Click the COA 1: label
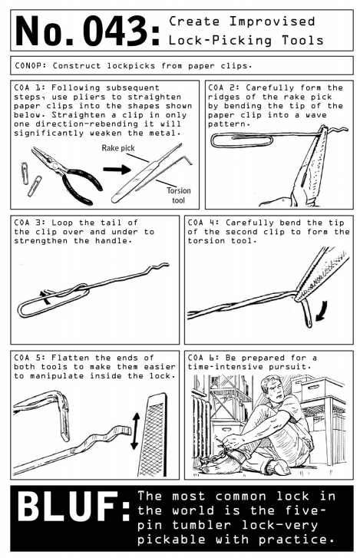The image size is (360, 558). [x=30, y=88]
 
